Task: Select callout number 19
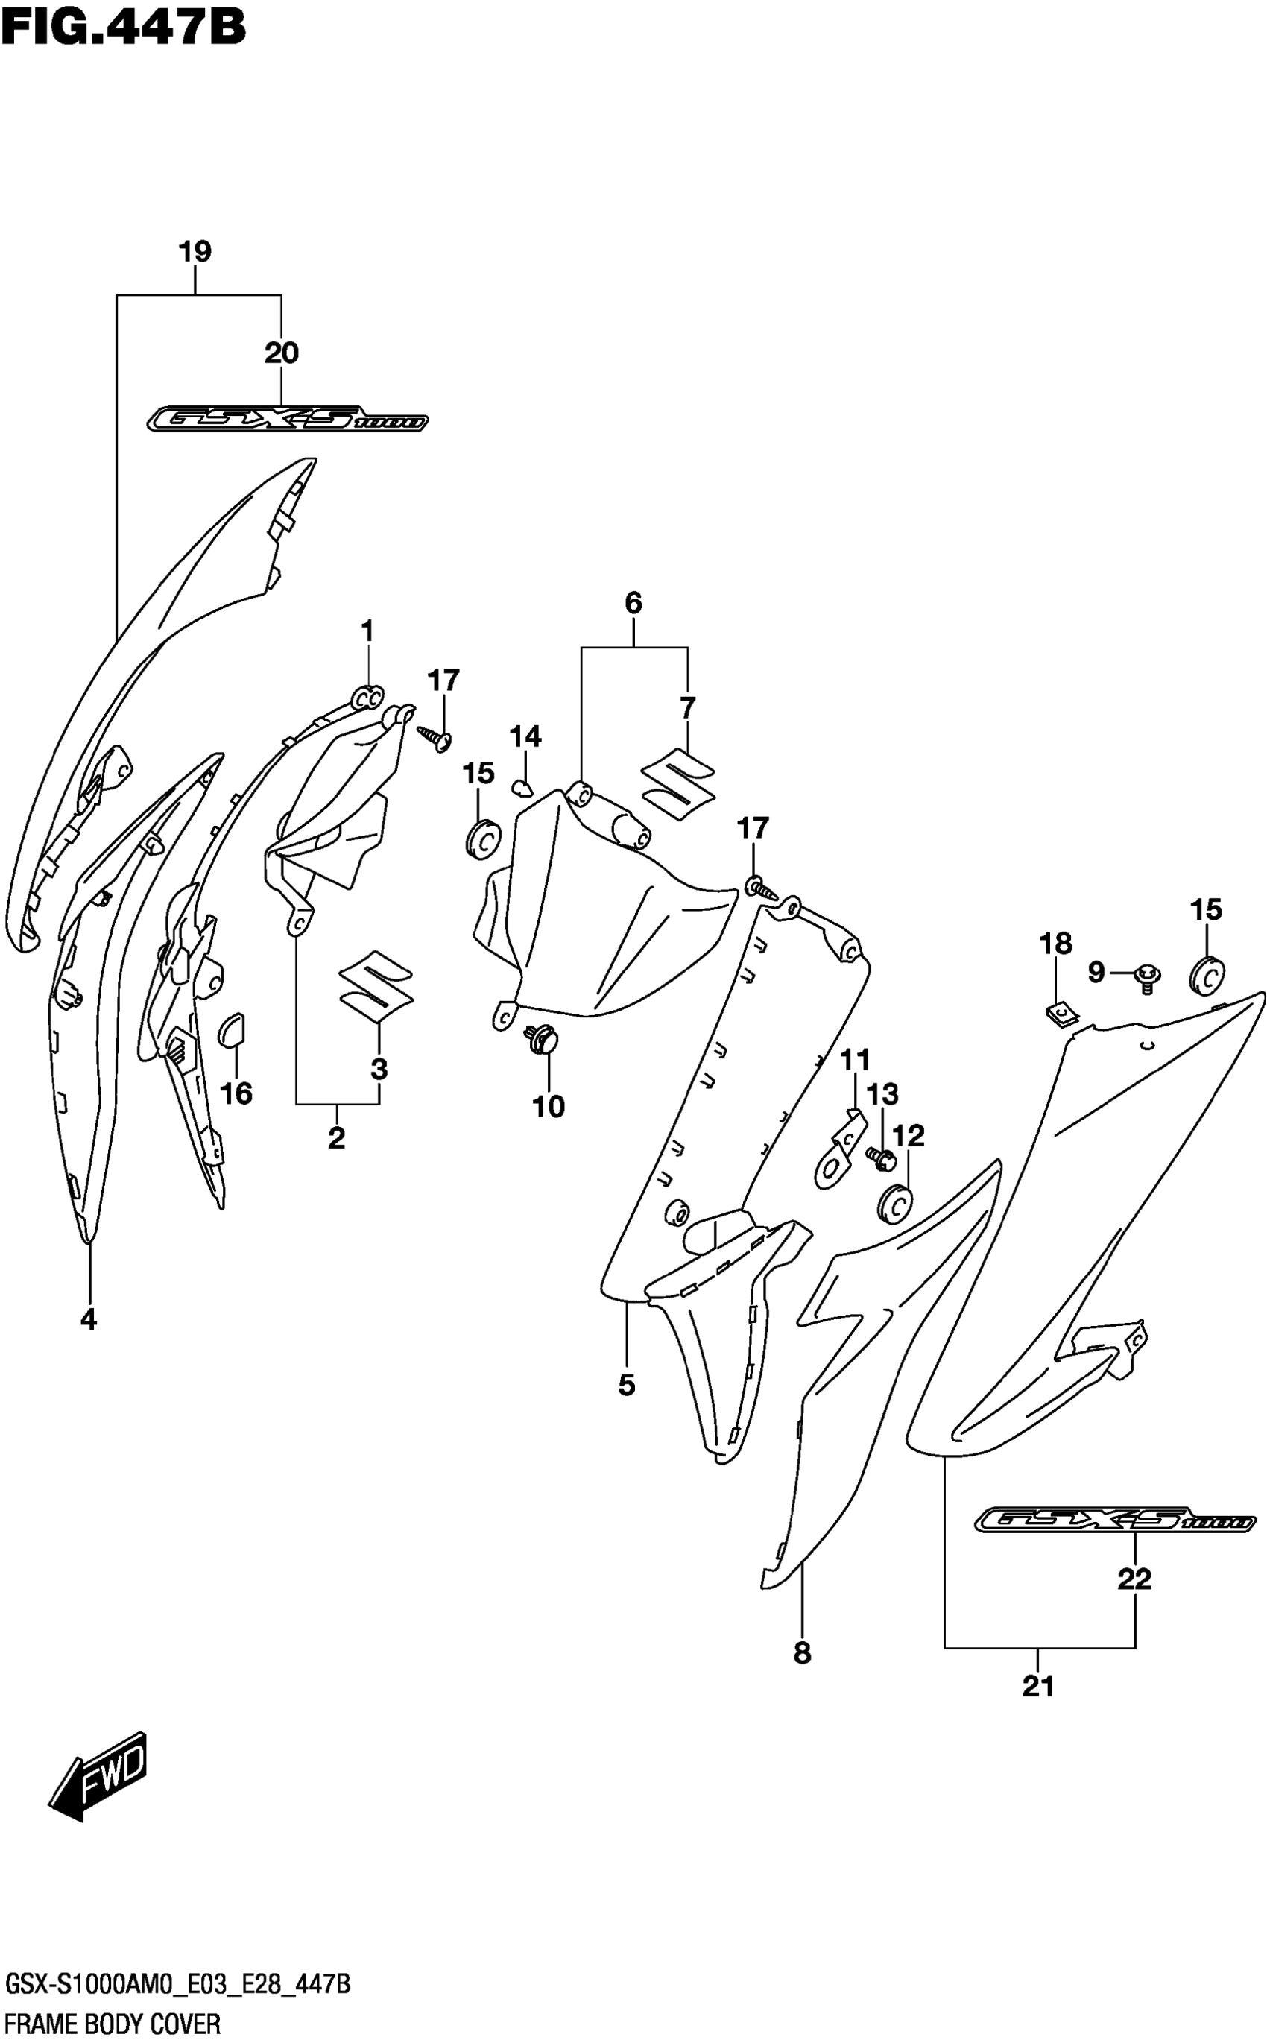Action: [195, 251]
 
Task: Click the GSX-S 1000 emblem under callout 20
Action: [288, 419]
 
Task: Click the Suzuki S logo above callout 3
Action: [376, 988]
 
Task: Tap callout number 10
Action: [549, 1107]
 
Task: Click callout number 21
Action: [1037, 1687]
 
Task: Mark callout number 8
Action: [802, 1653]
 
